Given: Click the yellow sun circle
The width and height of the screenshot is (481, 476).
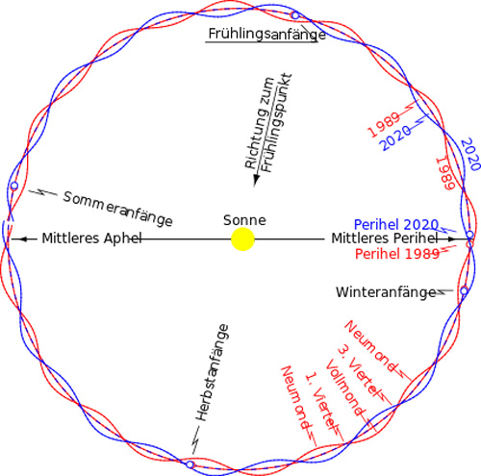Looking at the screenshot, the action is [x=242, y=239].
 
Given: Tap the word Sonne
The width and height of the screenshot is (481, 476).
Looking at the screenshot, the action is [x=244, y=220].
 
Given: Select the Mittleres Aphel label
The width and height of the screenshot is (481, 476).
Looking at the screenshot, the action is [x=92, y=238].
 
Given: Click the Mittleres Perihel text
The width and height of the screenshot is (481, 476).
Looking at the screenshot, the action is [x=385, y=238].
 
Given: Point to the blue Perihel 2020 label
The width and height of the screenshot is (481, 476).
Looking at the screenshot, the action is [x=396, y=224].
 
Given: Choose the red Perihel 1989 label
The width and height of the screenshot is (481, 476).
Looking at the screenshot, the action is [x=397, y=254].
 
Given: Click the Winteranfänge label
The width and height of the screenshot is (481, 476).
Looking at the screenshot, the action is [x=386, y=292].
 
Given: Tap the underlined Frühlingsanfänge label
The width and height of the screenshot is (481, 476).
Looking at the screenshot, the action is [x=266, y=34].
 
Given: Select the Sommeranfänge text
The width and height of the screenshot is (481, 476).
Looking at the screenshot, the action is [x=117, y=210].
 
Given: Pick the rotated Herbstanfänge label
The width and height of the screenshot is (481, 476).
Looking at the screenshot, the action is [x=213, y=373].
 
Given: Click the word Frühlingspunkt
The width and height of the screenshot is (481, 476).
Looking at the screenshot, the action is [x=276, y=123].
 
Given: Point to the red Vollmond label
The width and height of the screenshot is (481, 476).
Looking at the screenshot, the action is [x=345, y=388].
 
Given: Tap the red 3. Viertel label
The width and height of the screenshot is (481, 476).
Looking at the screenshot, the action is [x=358, y=371].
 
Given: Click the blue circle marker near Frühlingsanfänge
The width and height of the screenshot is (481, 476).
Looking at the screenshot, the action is [x=294, y=15].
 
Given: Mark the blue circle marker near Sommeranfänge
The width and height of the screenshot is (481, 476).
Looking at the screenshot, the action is [x=14, y=186].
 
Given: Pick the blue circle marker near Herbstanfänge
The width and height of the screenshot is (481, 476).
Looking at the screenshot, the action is [x=190, y=464].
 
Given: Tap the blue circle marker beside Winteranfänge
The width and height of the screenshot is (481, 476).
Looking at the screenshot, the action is [x=464, y=290].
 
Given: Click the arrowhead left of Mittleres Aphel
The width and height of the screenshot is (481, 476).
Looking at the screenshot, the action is [x=16, y=239].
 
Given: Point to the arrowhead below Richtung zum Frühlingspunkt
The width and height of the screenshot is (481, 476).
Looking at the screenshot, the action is [x=256, y=181].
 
